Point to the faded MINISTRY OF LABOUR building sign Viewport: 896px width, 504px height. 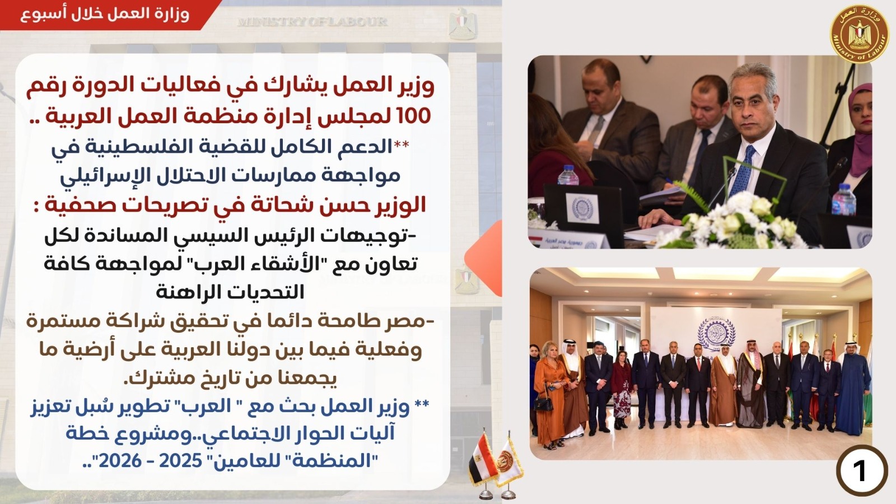(x=312, y=21)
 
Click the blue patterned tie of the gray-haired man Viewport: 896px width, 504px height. (x=743, y=170)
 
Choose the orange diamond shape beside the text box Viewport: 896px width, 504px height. (x=483, y=258)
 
